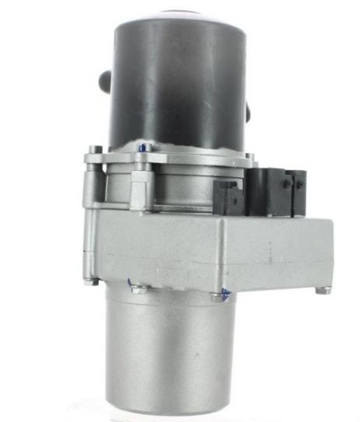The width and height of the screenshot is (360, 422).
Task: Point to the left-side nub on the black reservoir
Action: point(101,81)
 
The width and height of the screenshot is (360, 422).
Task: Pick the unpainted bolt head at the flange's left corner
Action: point(94,150)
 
